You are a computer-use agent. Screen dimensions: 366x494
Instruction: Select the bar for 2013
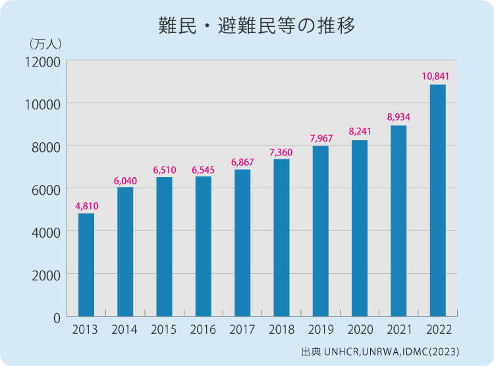(86, 265)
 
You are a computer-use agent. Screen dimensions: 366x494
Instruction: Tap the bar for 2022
(437, 201)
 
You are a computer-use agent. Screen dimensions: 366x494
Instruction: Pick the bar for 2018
(281, 238)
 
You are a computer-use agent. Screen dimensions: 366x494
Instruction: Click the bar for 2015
(164, 247)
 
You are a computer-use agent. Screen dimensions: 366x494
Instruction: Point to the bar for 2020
(360, 228)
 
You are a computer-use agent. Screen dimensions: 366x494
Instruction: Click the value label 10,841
(436, 76)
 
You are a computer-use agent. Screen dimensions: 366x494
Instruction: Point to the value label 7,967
(321, 138)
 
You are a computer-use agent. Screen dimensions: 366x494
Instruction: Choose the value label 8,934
(398, 117)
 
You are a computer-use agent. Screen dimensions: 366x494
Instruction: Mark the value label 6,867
(242, 162)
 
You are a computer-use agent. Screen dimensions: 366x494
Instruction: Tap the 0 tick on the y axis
(57, 317)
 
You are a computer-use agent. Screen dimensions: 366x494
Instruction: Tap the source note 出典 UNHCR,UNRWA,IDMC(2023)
(380, 351)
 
